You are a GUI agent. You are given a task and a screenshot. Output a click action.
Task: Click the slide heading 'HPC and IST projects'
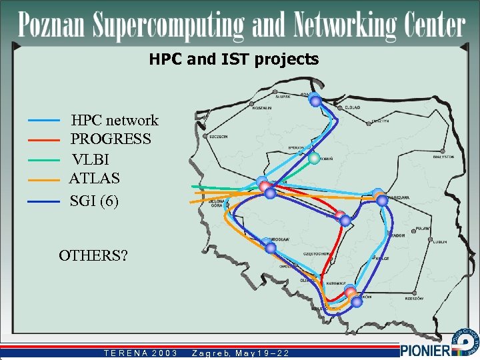(233, 59)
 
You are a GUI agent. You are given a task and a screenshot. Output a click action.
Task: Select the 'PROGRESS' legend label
(111, 139)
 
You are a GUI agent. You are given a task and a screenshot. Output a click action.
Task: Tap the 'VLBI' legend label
(91, 160)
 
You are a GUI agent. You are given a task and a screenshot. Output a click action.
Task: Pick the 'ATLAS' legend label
(95, 179)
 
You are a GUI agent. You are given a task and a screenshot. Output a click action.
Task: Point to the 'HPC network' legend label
(115, 121)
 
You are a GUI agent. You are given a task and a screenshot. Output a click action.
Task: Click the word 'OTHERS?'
(93, 255)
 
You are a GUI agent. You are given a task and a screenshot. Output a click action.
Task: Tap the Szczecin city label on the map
(219, 136)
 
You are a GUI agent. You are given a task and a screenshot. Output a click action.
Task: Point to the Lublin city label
(439, 242)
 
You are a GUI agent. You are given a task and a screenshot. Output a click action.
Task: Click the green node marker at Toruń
(314, 159)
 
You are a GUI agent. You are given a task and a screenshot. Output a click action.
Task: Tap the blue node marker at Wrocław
(271, 248)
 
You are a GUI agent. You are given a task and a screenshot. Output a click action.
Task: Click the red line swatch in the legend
(45, 140)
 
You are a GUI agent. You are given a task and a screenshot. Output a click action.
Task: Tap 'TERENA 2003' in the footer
(141, 353)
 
